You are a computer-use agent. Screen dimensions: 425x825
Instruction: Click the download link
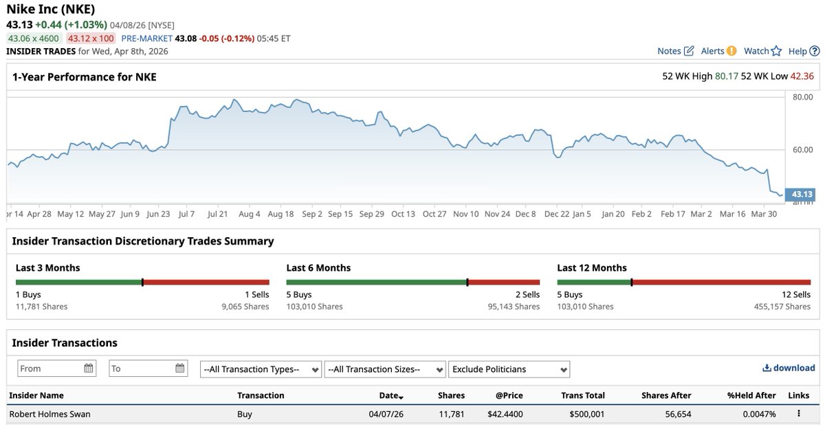point(789,368)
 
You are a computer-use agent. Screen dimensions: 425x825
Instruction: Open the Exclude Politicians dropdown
point(508,369)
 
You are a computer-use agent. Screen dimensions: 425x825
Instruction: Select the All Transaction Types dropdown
point(261,369)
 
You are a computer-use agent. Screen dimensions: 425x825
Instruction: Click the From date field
point(56,369)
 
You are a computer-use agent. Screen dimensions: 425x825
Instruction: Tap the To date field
point(148,369)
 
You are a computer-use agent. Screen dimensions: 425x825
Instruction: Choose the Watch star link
point(762,51)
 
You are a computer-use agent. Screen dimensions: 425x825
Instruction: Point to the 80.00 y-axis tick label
point(802,97)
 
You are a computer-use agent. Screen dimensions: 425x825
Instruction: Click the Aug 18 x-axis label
point(280,214)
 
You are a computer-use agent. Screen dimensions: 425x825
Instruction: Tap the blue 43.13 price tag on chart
point(802,194)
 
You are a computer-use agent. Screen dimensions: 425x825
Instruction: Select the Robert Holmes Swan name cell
point(49,414)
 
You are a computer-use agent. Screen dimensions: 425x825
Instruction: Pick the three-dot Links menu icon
point(798,414)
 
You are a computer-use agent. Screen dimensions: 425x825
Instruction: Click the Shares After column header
point(665,395)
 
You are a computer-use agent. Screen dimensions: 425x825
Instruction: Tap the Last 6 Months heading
point(318,268)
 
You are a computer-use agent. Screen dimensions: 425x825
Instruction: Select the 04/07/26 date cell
point(386,414)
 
